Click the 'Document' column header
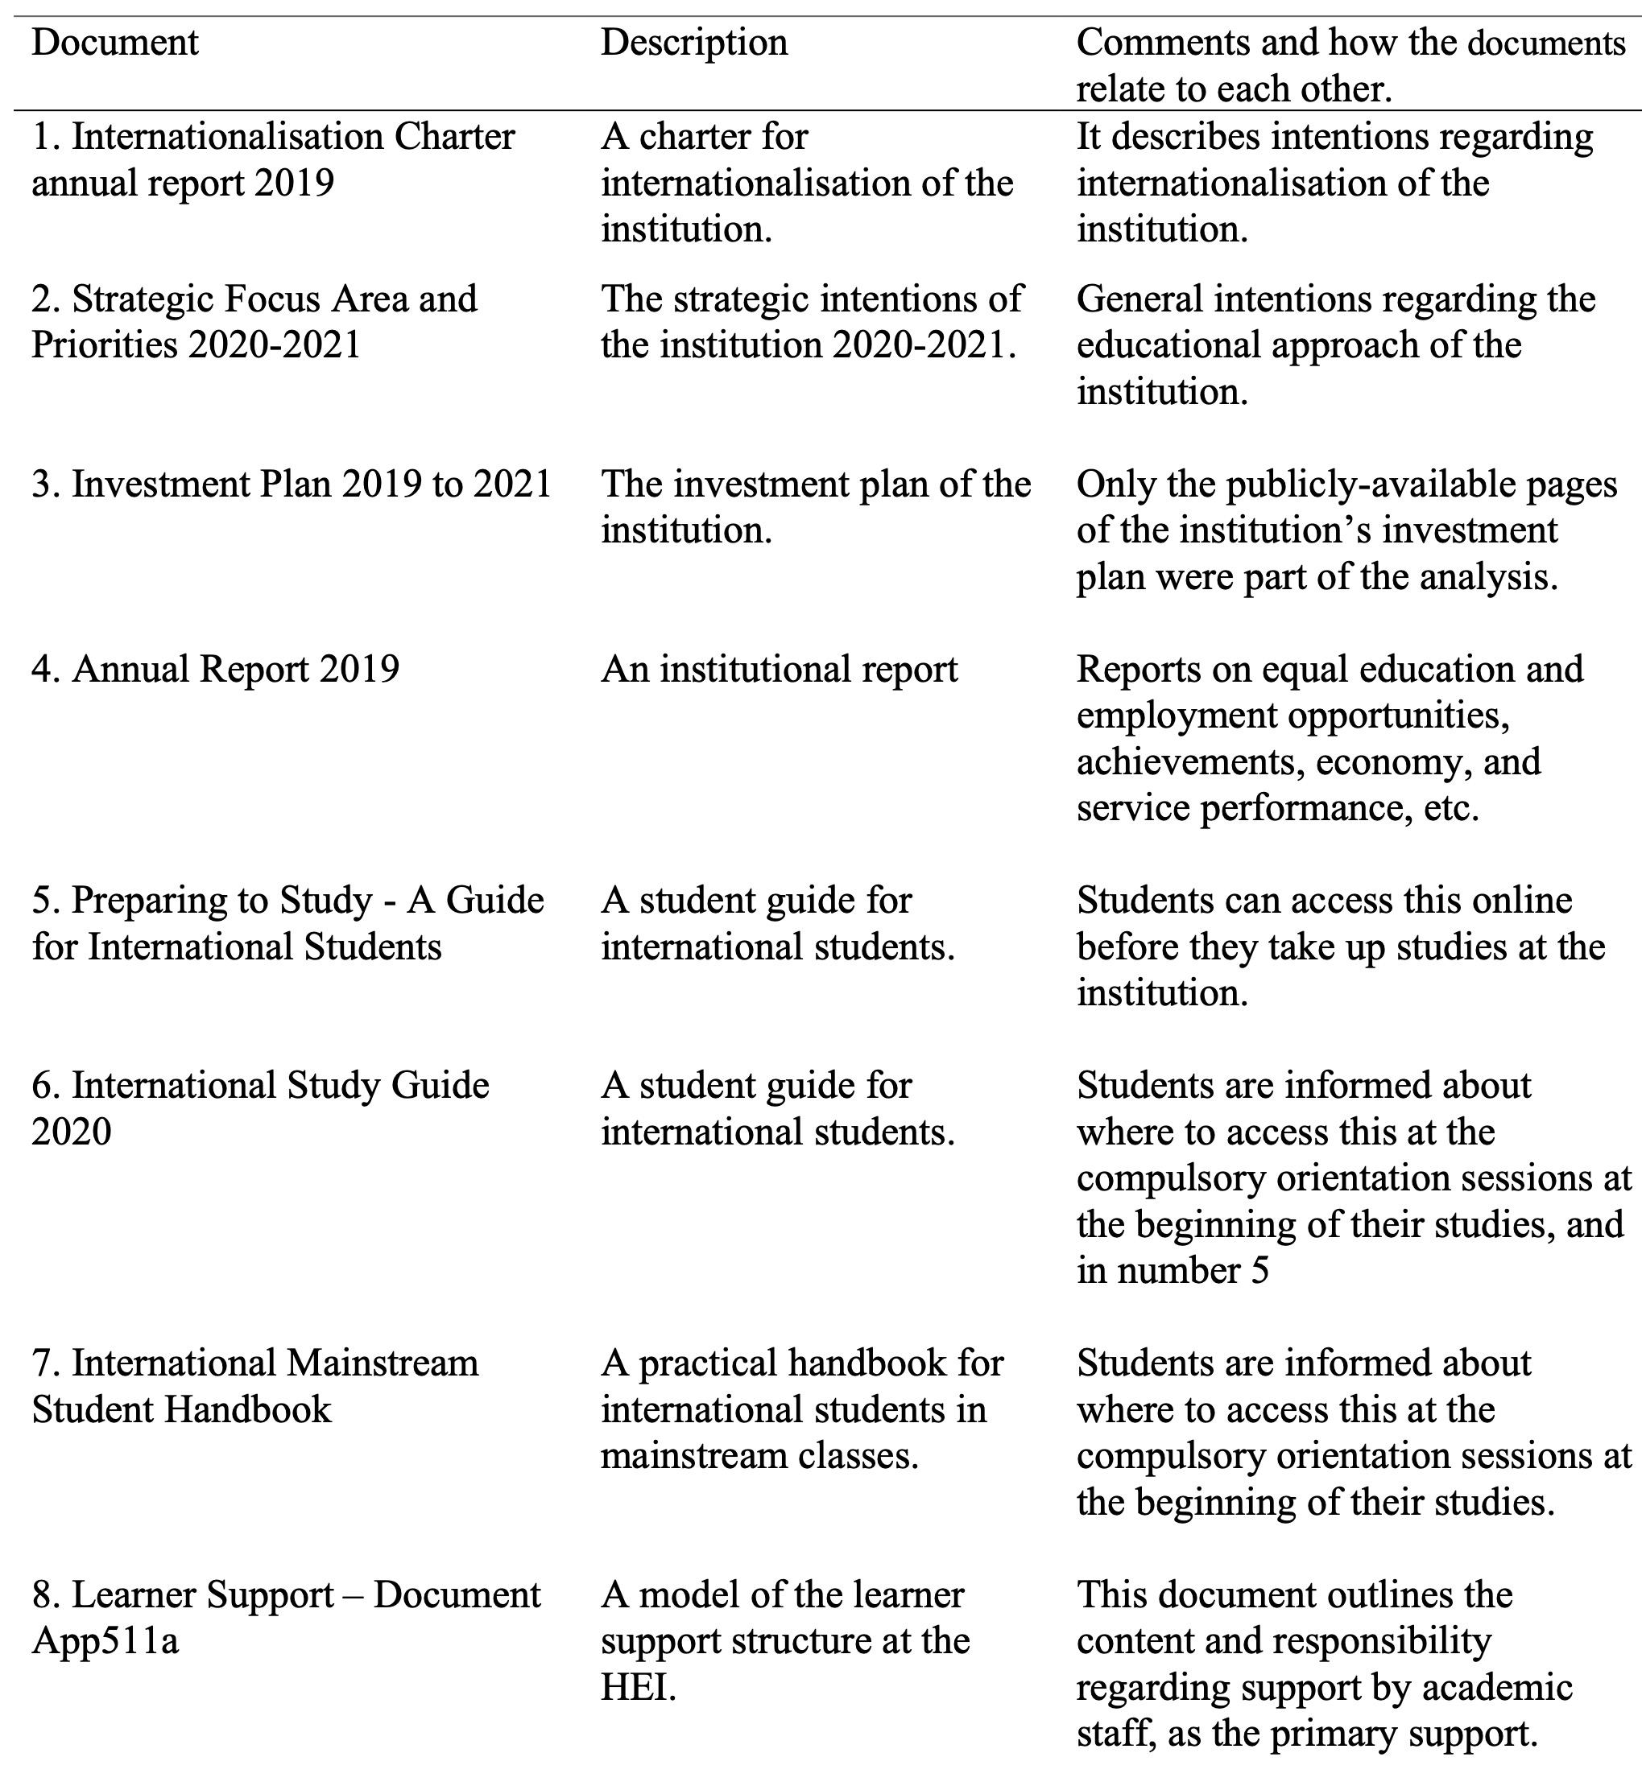point(114,43)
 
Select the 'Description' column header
point(694,43)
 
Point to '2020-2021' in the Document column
point(275,344)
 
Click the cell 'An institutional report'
point(780,669)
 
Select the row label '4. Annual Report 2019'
point(216,669)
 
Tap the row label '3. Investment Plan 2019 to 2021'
point(292,484)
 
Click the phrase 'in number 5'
point(1172,1271)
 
